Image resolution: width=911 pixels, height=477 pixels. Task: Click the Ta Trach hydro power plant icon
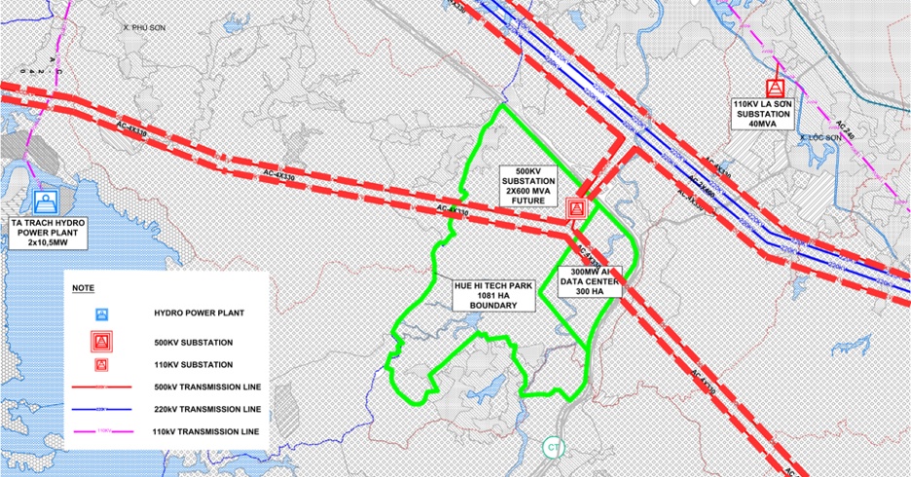(45, 202)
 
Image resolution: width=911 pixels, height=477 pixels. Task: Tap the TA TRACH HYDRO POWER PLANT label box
(49, 234)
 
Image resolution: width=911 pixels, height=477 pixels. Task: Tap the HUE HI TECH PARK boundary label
(494, 295)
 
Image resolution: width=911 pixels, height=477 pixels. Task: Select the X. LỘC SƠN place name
(820, 138)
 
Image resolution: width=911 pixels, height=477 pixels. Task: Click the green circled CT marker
(554, 448)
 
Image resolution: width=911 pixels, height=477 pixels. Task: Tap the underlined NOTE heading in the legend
(85, 288)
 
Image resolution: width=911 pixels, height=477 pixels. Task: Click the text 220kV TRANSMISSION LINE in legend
(207, 408)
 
